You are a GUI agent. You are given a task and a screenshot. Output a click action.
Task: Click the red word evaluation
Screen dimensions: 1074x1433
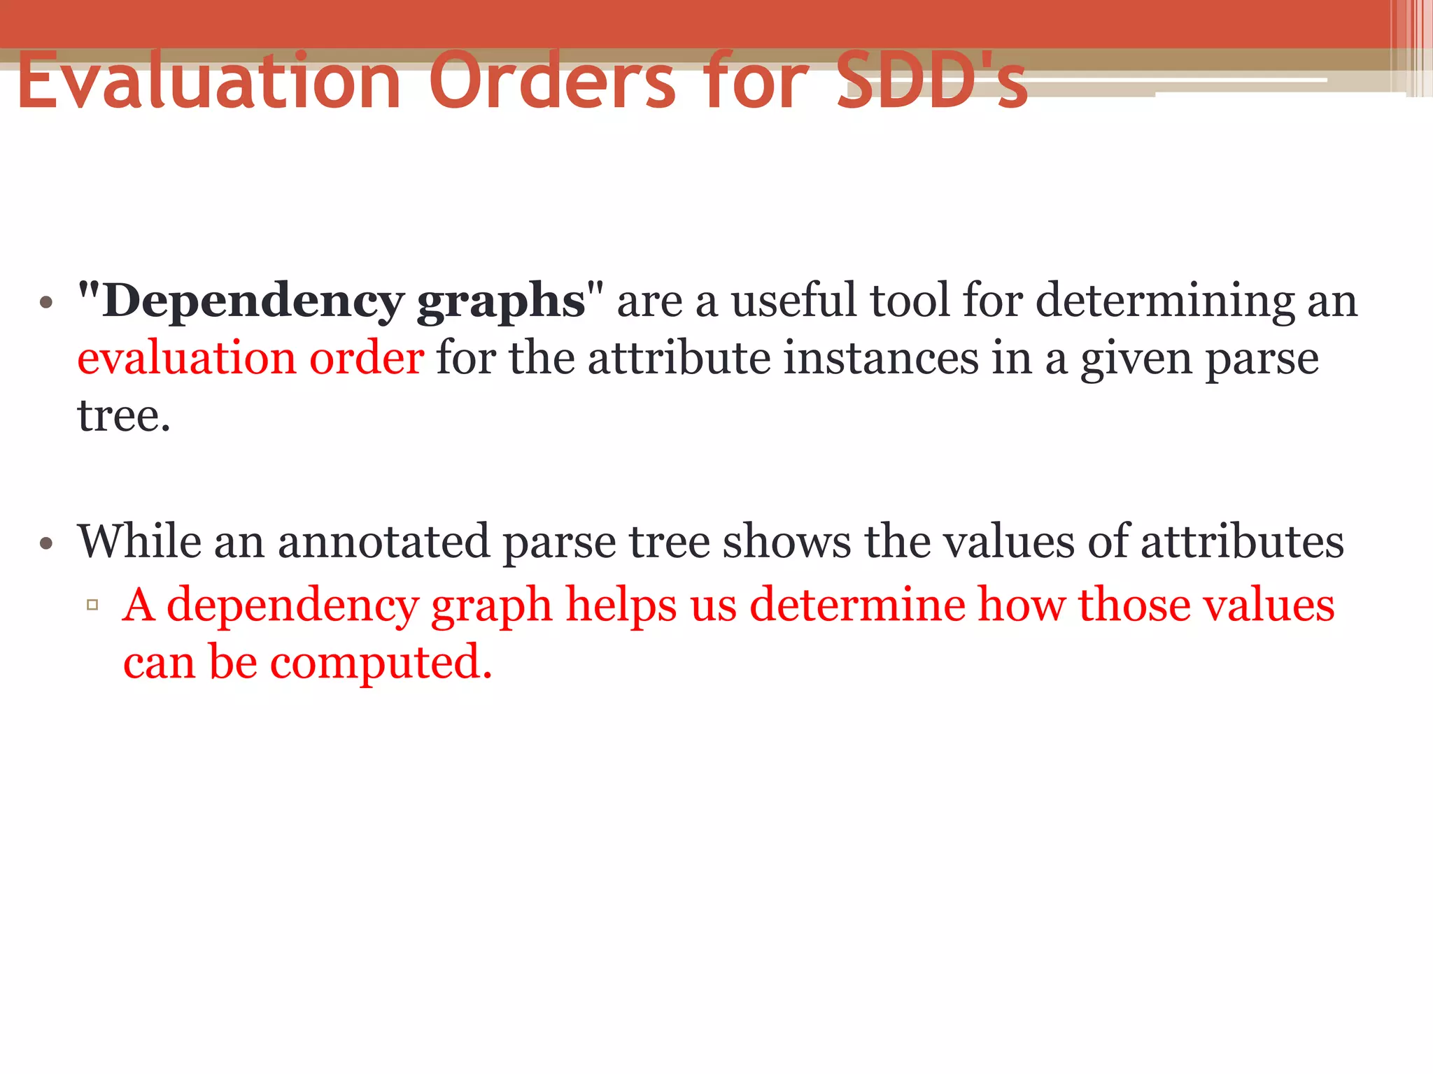pos(187,358)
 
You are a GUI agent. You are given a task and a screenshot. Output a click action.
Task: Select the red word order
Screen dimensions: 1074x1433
pos(367,358)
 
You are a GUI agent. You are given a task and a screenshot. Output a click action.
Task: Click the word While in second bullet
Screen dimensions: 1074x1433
pos(139,541)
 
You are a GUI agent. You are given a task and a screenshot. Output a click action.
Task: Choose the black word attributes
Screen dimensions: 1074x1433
pos(1242,541)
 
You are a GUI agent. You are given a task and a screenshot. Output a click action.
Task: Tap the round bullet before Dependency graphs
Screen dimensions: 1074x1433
pos(46,303)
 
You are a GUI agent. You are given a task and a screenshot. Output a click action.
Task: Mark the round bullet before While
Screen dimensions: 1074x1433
pos(46,543)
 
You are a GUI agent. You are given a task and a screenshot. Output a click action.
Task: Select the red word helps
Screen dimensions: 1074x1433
pos(621,604)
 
